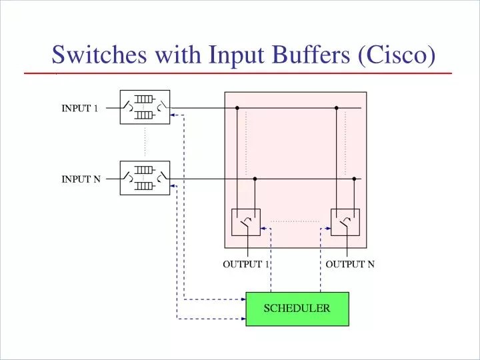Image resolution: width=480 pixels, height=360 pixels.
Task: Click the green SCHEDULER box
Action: tap(297, 309)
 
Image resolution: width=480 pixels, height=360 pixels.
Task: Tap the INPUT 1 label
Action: tap(80, 109)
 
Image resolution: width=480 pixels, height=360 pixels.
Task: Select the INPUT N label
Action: tap(81, 179)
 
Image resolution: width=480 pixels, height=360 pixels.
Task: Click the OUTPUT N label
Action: tap(350, 264)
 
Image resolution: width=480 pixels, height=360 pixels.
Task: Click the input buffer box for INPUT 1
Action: tap(145, 107)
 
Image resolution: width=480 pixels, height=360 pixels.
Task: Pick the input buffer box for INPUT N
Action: tap(145, 178)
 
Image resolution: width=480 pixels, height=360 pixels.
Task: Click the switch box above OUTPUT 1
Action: tap(246, 222)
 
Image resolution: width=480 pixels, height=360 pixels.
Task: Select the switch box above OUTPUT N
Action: tap(345, 222)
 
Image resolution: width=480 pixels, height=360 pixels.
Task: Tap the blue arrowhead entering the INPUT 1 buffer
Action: tap(173, 115)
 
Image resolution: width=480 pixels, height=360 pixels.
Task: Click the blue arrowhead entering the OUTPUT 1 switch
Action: tap(263, 229)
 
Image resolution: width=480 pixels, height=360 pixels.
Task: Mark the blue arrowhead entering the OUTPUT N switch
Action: tap(328, 229)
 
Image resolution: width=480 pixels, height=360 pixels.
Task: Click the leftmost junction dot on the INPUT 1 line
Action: tap(237, 107)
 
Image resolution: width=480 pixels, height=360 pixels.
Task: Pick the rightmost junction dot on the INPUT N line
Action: tap(354, 179)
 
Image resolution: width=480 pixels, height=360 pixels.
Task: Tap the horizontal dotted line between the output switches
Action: tap(295, 221)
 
